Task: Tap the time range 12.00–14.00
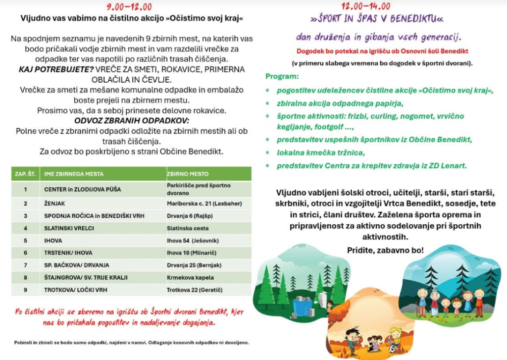pyautogui.click(x=365, y=6)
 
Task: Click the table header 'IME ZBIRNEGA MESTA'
pyautogui.click(x=74, y=174)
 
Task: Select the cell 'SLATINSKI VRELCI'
pyautogui.click(x=69, y=228)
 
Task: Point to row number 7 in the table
pyautogui.click(x=25, y=265)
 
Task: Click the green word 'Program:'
pyautogui.click(x=282, y=77)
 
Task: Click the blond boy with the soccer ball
pyautogui.click(x=395, y=338)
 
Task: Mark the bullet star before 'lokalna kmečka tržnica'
pyautogui.click(x=268, y=153)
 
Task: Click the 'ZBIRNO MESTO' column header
pyautogui.click(x=188, y=174)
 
